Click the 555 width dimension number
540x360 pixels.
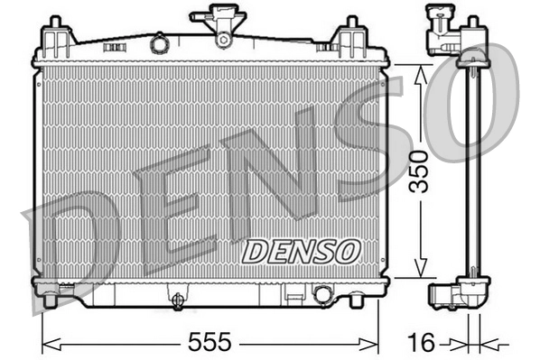211,342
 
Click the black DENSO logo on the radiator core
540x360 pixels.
302,250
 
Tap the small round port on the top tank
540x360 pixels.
160,42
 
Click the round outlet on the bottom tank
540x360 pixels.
322,294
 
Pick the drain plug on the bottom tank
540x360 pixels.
178,299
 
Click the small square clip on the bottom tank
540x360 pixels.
293,293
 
